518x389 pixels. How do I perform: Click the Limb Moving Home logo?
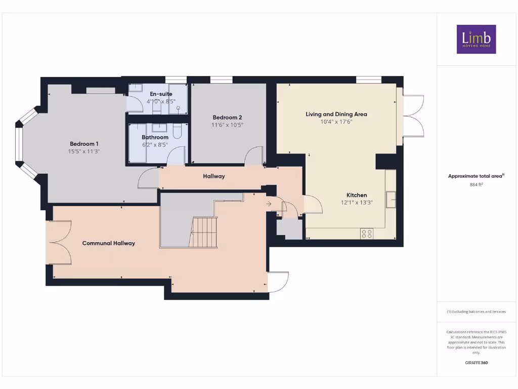point(476,39)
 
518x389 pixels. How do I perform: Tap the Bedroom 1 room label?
point(84,144)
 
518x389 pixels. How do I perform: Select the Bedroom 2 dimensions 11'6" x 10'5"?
point(228,125)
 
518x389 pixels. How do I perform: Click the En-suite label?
point(161,94)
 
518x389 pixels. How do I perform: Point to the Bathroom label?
point(155,137)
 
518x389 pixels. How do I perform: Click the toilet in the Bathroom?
point(178,131)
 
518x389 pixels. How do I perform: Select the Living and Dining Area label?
point(336,114)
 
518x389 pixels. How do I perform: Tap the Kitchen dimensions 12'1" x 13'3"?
point(357,203)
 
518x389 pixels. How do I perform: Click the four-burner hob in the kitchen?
point(366,234)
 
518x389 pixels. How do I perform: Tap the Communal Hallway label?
point(109,243)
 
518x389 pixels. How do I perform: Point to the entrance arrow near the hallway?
point(269,204)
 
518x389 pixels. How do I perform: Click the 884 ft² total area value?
point(476,185)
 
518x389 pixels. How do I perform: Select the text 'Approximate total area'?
point(475,176)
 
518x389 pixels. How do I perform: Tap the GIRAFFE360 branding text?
point(476,363)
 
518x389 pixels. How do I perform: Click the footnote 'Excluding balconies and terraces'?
point(476,312)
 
